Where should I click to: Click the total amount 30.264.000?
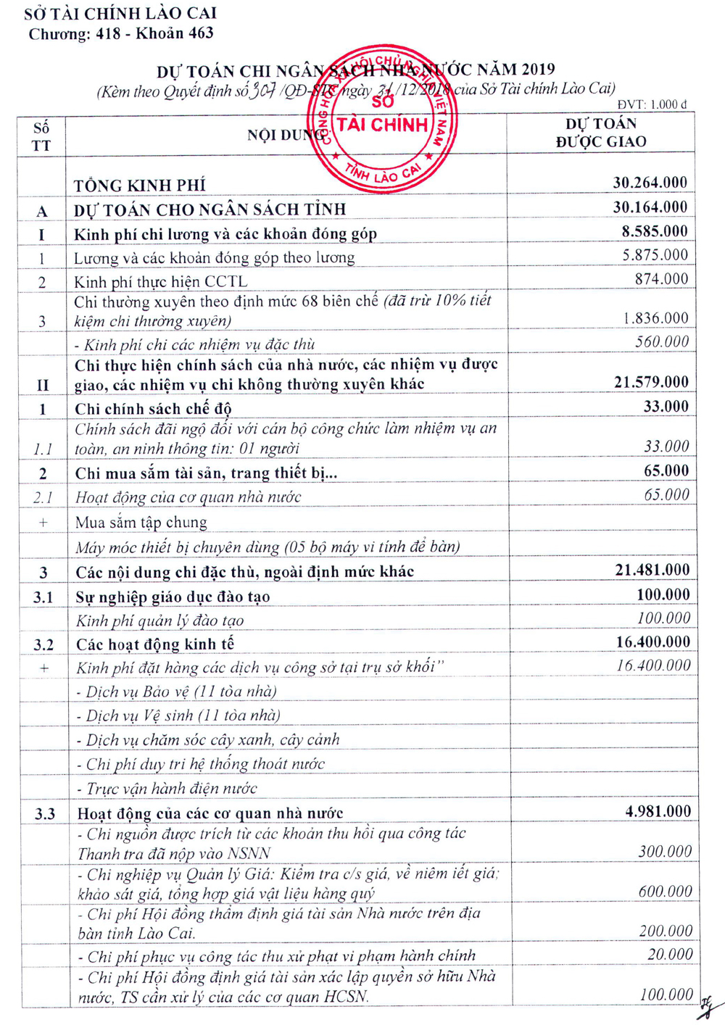pyautogui.click(x=650, y=183)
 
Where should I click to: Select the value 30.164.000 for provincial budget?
pyautogui.click(x=650, y=207)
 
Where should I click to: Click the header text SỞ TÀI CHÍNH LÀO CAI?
pyautogui.click(x=120, y=13)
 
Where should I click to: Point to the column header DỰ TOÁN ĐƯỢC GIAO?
pyautogui.click(x=600, y=133)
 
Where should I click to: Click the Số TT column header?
pyautogui.click(x=41, y=136)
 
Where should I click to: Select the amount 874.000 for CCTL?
pyautogui.click(x=661, y=279)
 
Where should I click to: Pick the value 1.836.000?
pyautogui.click(x=655, y=318)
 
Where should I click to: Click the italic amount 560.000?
pyautogui.click(x=661, y=342)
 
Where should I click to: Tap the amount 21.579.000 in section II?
pyautogui.click(x=651, y=382)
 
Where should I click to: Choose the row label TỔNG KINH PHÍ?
pyautogui.click(x=139, y=186)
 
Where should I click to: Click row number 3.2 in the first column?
pyautogui.click(x=43, y=644)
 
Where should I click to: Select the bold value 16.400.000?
pyautogui.click(x=652, y=642)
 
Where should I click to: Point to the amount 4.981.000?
pyautogui.click(x=658, y=812)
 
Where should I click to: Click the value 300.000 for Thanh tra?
pyautogui.click(x=665, y=852)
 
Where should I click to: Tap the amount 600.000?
pyautogui.click(x=665, y=892)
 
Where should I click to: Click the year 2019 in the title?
pyautogui.click(x=537, y=70)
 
